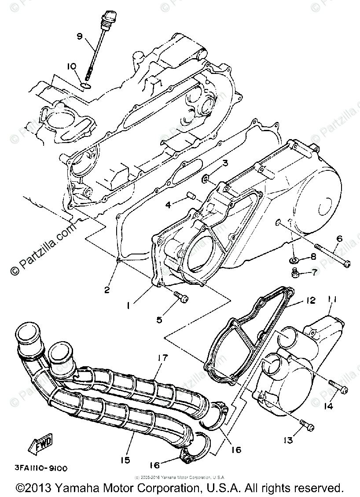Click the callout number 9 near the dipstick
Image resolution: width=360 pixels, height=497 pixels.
[80, 37]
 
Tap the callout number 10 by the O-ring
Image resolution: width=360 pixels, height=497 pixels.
[72, 66]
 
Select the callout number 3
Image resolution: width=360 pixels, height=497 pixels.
[224, 163]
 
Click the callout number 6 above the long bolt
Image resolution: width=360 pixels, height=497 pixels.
[339, 239]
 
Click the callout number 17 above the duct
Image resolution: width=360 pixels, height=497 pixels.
[163, 358]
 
